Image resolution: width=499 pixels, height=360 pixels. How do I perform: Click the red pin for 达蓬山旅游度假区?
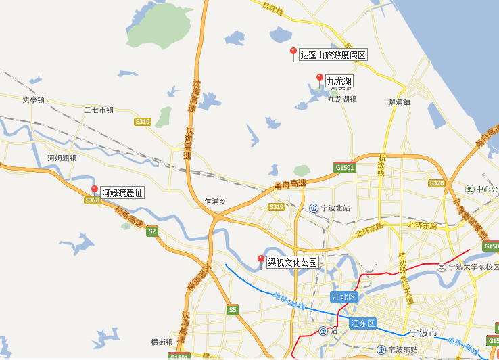[x=293, y=53]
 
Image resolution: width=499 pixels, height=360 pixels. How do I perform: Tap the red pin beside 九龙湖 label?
[x=319, y=79]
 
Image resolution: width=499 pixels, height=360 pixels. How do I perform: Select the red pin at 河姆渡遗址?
[x=94, y=191]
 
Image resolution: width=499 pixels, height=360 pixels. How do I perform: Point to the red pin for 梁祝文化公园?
[x=261, y=261]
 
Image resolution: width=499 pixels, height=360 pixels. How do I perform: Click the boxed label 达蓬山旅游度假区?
[x=333, y=55]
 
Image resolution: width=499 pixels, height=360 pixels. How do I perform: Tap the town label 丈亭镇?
[x=33, y=100]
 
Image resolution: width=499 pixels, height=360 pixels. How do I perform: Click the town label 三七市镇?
[x=99, y=110]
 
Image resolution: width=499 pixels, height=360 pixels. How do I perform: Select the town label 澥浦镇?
[x=400, y=102]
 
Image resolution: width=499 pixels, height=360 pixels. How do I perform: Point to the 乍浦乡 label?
[x=214, y=201]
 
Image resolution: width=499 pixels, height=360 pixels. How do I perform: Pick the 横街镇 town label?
[x=162, y=342]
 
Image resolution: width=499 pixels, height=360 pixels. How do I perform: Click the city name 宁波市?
[x=425, y=333]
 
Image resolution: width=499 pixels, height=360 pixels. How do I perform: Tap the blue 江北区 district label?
[x=343, y=297]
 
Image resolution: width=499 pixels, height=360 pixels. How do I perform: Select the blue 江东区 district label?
[x=362, y=323]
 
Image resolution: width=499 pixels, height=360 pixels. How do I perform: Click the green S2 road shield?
[x=152, y=231]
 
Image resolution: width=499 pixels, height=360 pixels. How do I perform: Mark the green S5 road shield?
[x=233, y=310]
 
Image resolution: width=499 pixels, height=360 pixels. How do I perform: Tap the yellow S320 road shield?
[x=437, y=183]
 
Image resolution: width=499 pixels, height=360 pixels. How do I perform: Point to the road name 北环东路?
[x=423, y=225]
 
